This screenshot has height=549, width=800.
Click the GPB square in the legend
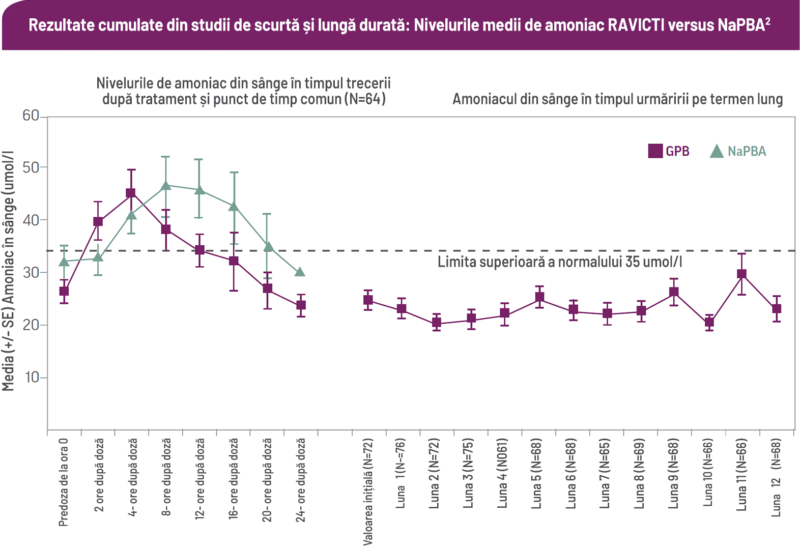[x=655, y=151]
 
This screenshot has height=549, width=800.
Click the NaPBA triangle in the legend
[x=717, y=151]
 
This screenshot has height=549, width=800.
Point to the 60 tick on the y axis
[x=31, y=116]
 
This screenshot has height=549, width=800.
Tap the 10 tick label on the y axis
[x=31, y=378]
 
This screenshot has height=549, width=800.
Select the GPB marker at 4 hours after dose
[x=131, y=193]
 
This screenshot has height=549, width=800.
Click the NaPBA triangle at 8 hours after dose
[x=165, y=185]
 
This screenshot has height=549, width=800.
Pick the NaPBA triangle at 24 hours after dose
[x=300, y=272]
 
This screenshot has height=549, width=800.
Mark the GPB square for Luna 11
[x=742, y=274]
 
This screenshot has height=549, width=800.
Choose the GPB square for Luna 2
[x=436, y=323]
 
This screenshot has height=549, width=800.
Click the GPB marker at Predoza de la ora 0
[x=64, y=292]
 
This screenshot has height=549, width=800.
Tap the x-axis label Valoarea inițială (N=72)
[x=368, y=492]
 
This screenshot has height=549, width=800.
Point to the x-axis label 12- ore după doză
[x=199, y=478]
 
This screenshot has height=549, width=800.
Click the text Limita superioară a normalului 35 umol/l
[x=560, y=262]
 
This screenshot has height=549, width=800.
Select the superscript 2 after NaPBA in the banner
[x=768, y=21]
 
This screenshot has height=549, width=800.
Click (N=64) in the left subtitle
[x=365, y=99]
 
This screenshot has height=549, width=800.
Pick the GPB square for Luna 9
[x=674, y=292]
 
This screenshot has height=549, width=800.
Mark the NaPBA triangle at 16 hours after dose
[x=234, y=206]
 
